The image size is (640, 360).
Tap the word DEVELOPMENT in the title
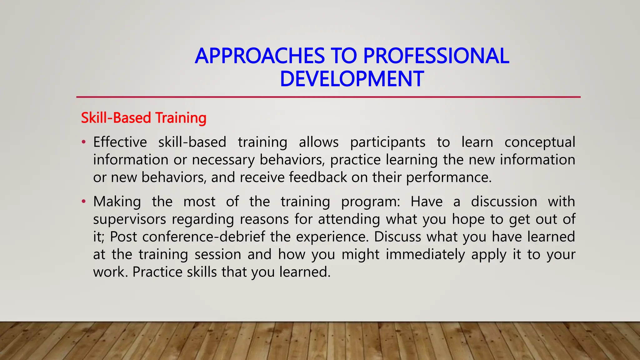click(352, 79)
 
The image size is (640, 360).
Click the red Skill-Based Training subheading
click(143, 118)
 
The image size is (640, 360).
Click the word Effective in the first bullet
click(120, 142)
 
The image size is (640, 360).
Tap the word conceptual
click(540, 142)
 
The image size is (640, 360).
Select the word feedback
click(318, 177)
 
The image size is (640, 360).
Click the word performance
click(449, 177)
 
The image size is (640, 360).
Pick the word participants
click(387, 142)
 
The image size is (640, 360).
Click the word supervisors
click(129, 219)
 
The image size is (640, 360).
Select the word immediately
click(425, 254)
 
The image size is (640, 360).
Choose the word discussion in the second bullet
click(504, 202)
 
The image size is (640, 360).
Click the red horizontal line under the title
click(328, 97)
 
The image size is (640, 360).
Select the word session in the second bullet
click(218, 254)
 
